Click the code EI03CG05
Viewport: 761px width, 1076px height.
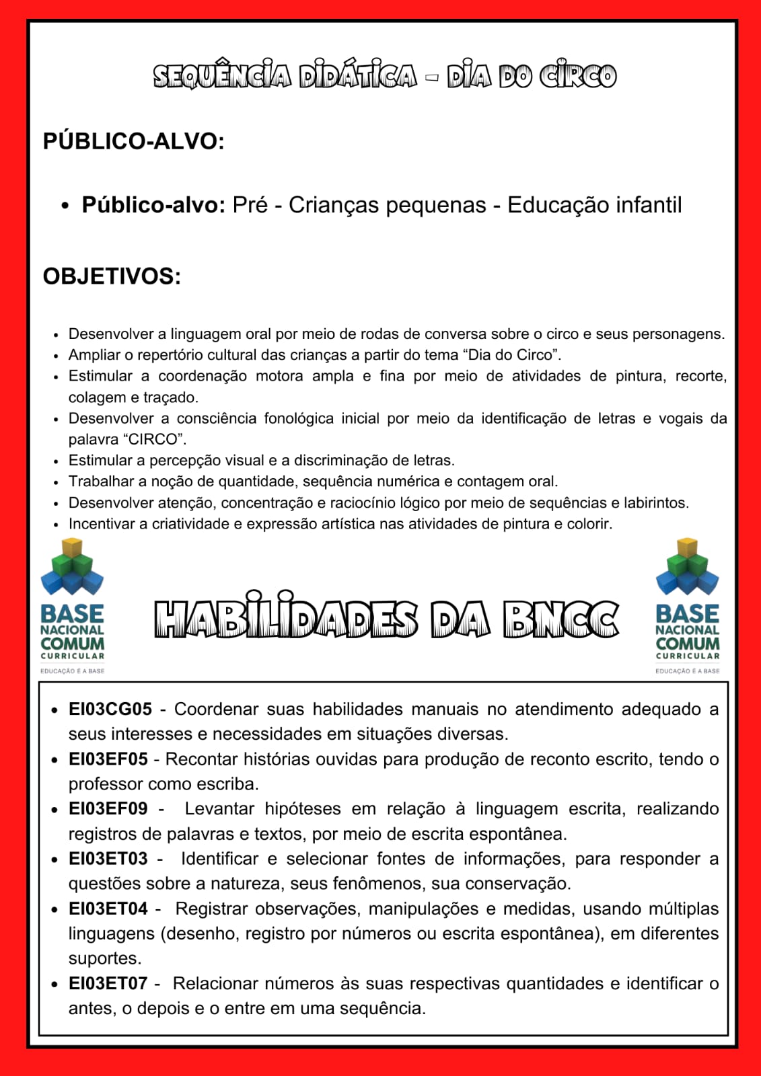click(110, 709)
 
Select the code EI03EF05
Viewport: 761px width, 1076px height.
click(108, 759)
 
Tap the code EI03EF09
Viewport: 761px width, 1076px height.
click(108, 808)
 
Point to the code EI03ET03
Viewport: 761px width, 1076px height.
click(108, 859)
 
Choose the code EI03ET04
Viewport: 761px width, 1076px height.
click(108, 909)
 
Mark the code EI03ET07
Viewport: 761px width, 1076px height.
click(108, 983)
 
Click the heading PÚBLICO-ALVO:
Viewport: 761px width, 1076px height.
click(133, 141)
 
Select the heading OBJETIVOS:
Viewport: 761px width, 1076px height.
click(112, 276)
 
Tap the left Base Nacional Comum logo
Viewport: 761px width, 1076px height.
click(72, 605)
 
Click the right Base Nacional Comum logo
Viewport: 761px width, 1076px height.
click(687, 605)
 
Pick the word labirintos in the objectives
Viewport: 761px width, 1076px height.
click(656, 503)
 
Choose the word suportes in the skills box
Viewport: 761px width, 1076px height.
click(104, 958)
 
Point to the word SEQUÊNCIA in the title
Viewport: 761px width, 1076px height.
click(222, 77)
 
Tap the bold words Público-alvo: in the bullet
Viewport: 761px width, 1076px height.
click(153, 205)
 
